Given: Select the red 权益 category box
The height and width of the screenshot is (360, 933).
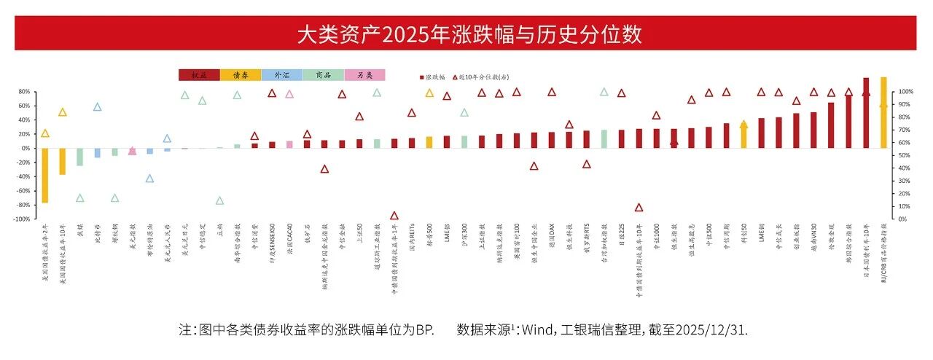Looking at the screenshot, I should click(199, 75).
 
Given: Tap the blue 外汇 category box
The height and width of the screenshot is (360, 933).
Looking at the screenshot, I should click(281, 75).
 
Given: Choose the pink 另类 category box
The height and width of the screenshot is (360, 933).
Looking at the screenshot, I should click(364, 75).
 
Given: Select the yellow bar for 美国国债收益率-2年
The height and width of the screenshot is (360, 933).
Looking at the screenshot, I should click(45, 176).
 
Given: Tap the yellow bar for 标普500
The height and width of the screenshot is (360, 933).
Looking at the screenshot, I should click(429, 142).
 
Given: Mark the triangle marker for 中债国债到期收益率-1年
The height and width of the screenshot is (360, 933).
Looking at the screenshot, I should click(394, 216).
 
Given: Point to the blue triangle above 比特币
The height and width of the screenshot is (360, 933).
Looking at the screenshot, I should click(98, 107).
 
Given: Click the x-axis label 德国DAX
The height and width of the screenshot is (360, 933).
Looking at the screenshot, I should click(553, 238).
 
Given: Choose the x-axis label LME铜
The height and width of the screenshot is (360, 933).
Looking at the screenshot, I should click(762, 235).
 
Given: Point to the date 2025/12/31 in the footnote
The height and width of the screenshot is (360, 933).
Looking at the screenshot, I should click(710, 329).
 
